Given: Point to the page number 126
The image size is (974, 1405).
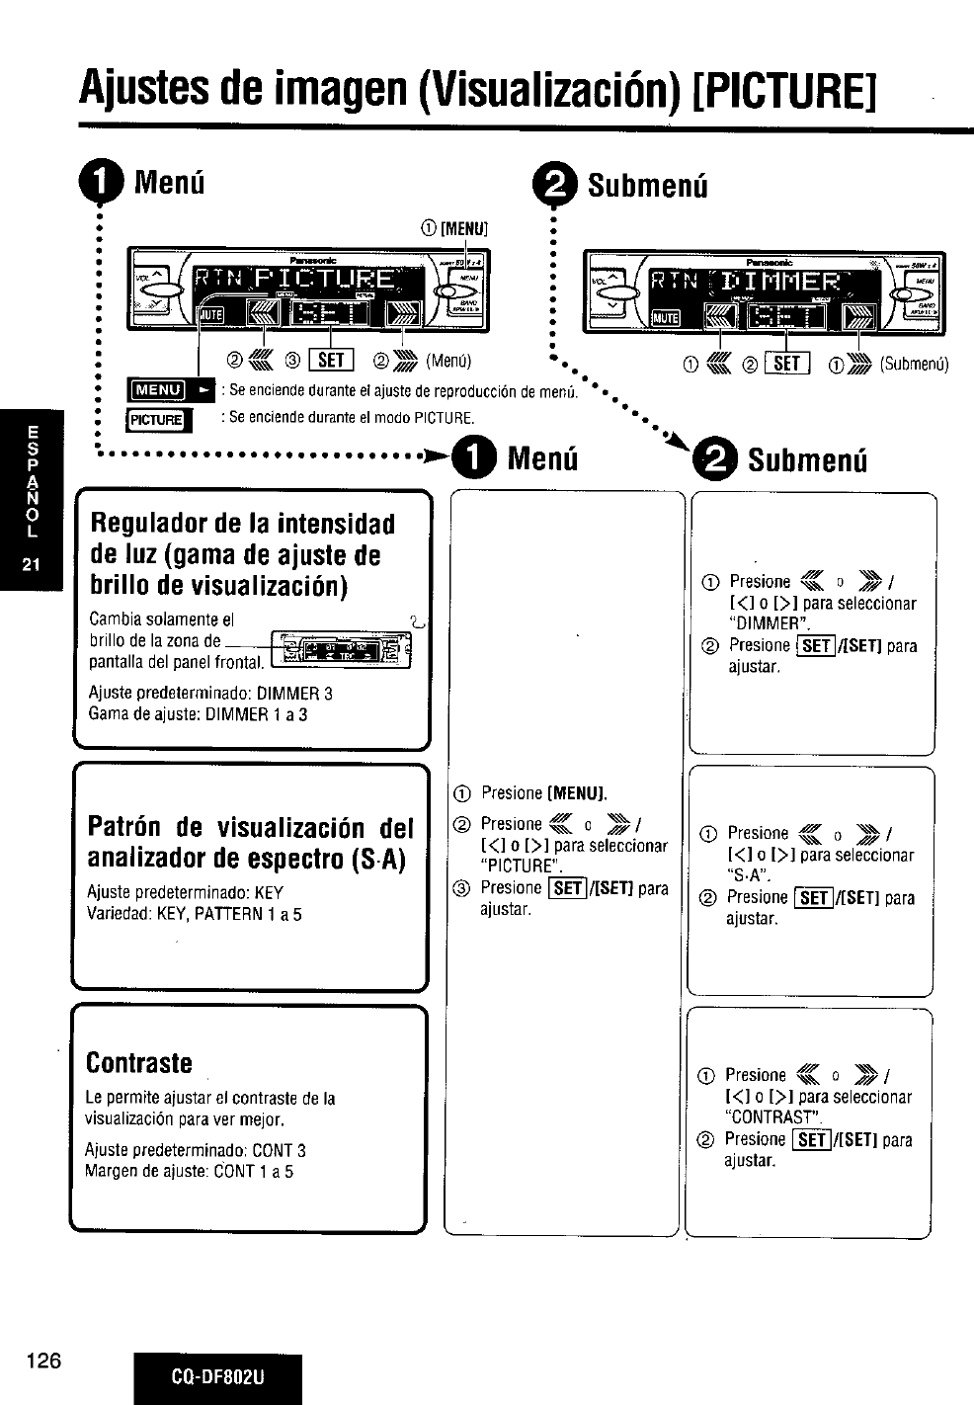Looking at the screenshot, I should [x=45, y=1360].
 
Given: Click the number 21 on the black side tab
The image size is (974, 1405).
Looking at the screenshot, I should [x=32, y=565].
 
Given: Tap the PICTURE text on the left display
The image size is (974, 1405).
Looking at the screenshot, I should [x=322, y=280].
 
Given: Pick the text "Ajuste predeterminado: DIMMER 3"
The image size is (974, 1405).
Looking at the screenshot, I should [x=210, y=693].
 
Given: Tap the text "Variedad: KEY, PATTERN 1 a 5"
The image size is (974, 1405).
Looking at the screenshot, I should [x=195, y=914].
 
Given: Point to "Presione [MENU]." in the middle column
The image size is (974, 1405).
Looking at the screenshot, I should [x=544, y=792].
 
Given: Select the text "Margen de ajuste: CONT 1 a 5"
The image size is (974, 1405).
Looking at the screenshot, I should [x=189, y=1172].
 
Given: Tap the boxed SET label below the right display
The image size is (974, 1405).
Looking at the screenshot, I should [x=788, y=365].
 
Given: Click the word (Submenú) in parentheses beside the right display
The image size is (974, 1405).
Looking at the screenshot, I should [x=914, y=365].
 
